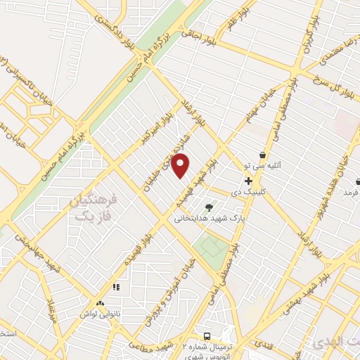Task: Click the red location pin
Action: click(x=181, y=165)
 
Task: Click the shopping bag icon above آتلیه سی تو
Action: click(x=262, y=155)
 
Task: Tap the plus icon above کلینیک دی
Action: click(x=248, y=181)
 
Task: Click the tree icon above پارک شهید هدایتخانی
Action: click(x=209, y=207)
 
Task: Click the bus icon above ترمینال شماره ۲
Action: click(x=207, y=336)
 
